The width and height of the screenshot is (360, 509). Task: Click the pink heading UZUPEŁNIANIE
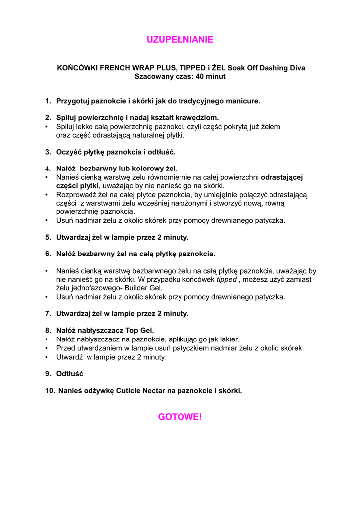point(180,40)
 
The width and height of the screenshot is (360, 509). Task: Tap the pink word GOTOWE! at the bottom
point(180,417)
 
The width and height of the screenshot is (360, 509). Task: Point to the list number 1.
point(48,101)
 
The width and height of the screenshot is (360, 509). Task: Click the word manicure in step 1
point(243,101)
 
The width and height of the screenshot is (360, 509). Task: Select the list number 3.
point(48,152)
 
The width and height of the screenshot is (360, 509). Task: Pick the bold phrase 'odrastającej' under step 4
point(282,177)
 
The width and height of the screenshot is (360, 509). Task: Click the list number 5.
point(48,237)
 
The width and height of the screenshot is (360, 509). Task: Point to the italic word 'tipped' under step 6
point(226,280)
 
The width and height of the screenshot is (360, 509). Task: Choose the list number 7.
point(48,314)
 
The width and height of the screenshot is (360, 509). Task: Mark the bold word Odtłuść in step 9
point(70,374)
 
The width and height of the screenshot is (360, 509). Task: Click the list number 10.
point(50,391)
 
